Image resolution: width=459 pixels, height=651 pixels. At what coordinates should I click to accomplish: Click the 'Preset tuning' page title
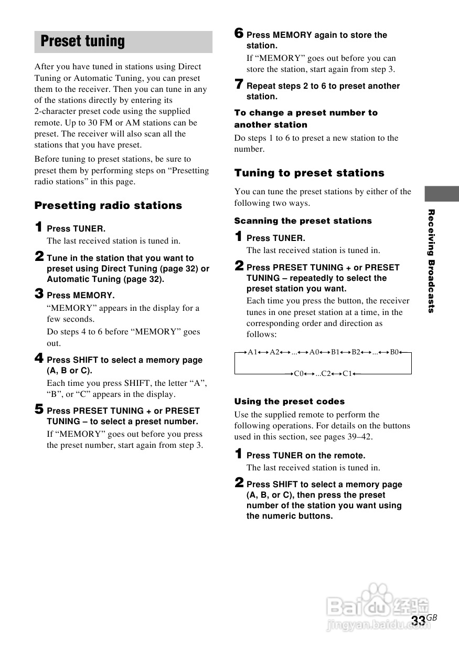tap(83, 41)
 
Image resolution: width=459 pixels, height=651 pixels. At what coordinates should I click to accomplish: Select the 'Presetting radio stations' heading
tap(108, 206)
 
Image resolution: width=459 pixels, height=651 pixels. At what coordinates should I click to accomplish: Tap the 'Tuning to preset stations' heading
tap(309, 173)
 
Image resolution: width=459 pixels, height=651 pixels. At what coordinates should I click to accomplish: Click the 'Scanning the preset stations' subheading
tap(303, 221)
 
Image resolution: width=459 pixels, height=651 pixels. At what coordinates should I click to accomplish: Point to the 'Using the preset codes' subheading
tap(289, 402)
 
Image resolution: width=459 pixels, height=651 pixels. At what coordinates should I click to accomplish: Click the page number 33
tap(418, 621)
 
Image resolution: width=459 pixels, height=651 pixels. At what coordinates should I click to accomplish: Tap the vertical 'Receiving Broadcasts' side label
tap(431, 261)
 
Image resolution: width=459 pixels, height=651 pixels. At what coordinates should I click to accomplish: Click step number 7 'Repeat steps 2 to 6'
tap(239, 85)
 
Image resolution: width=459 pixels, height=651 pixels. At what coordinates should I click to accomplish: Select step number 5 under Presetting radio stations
tap(39, 409)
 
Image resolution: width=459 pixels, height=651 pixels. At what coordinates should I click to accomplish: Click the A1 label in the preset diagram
tap(253, 352)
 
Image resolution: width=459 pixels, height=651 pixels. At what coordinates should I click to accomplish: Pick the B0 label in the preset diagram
tap(394, 352)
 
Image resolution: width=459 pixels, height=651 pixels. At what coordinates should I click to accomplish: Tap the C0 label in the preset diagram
tap(298, 374)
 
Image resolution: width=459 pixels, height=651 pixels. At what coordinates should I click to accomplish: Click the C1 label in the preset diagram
tap(347, 374)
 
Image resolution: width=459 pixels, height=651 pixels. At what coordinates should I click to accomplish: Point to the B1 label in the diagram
tap(336, 352)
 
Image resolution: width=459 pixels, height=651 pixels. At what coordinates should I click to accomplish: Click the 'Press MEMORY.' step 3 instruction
tap(80, 296)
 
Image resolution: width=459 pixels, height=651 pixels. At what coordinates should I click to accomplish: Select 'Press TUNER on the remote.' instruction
tap(306, 456)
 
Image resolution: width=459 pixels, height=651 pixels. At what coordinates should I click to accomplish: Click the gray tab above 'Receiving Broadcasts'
tap(442, 194)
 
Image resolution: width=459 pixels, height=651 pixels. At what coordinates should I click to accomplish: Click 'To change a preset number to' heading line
tap(306, 113)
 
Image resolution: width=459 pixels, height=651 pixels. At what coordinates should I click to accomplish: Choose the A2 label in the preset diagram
tap(275, 352)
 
